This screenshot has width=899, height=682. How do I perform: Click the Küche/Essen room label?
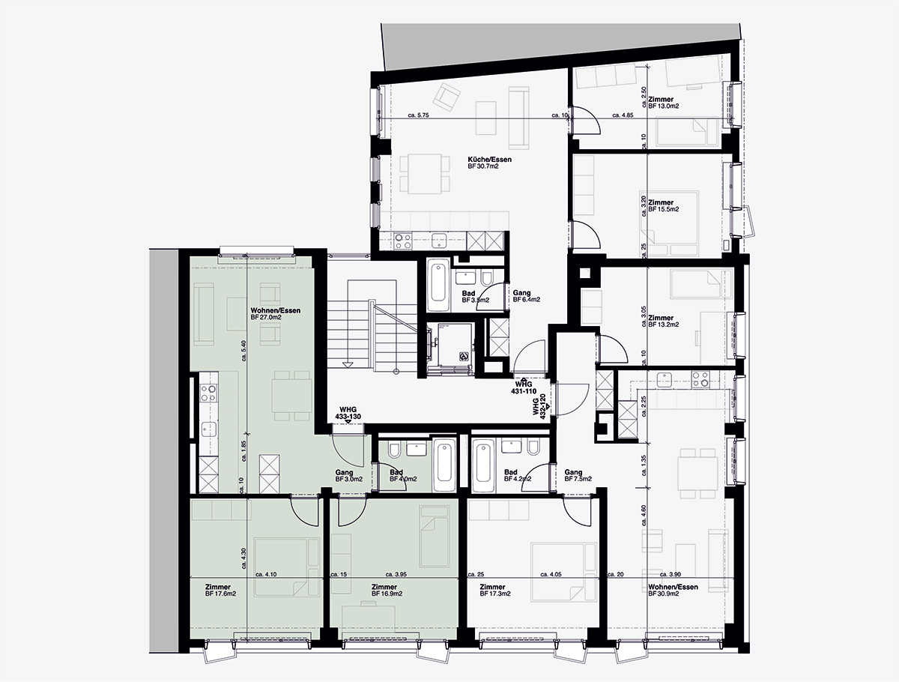(483, 159)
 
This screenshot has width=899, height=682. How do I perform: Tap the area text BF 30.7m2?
(483, 166)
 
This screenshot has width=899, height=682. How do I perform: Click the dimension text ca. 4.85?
(623, 115)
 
